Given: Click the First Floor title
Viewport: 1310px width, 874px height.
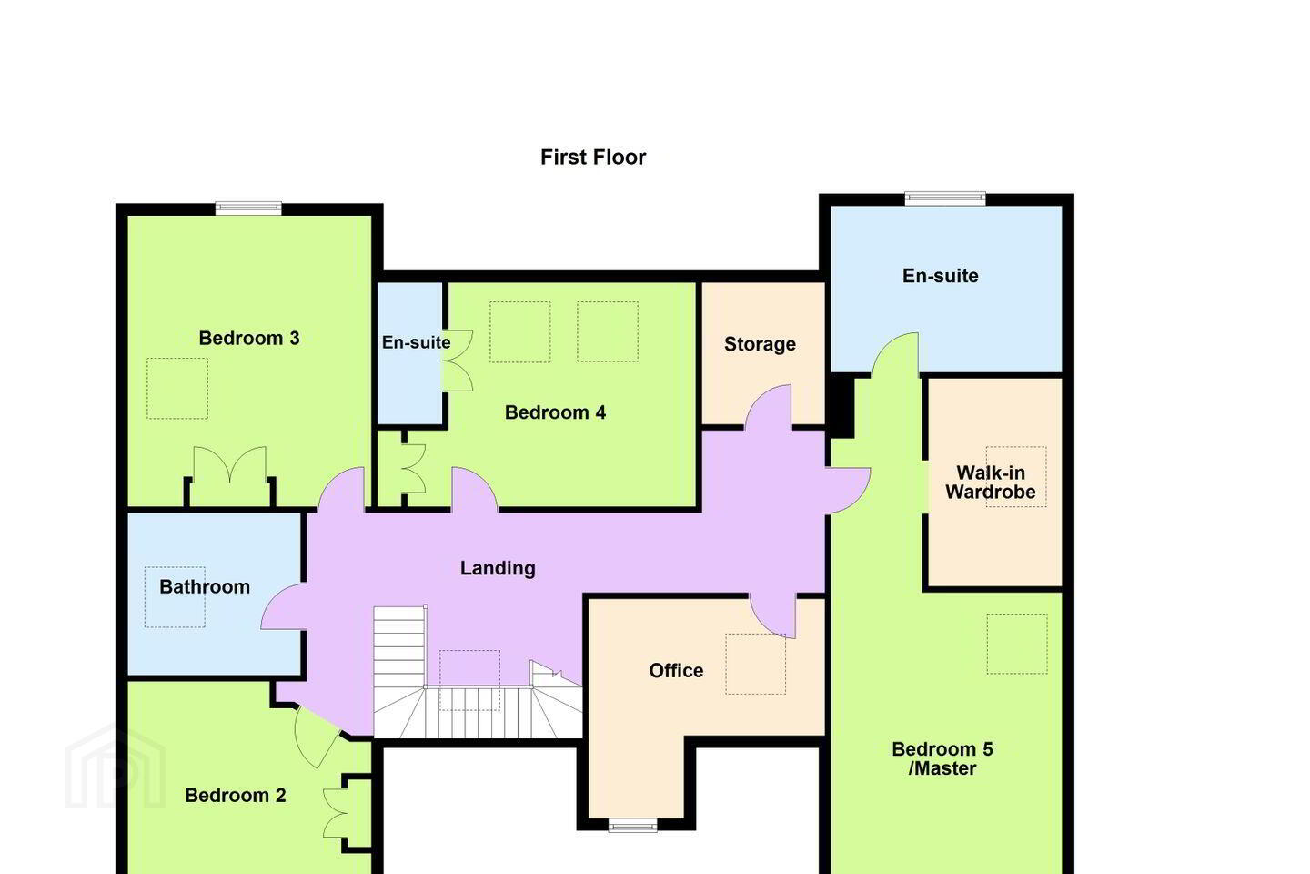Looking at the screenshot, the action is [x=593, y=158].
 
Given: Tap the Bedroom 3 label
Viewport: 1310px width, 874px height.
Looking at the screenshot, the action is [x=249, y=339].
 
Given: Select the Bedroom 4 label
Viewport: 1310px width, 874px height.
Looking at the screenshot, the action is [x=555, y=412].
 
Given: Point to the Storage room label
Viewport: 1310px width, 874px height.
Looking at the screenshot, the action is [x=760, y=344].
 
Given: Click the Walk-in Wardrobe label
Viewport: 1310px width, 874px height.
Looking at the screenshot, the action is [x=990, y=483].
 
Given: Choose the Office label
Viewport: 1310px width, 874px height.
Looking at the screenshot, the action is [x=676, y=670].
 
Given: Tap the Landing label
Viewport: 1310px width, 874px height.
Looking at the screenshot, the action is [x=498, y=568].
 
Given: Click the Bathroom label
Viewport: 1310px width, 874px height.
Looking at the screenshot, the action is [x=205, y=587].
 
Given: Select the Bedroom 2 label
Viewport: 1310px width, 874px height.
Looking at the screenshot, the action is [x=235, y=796].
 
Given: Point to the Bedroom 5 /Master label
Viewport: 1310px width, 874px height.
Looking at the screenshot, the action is [x=942, y=758].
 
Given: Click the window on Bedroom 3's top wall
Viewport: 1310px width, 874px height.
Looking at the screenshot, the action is [x=248, y=208].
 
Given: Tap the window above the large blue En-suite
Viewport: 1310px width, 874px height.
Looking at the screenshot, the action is [x=945, y=198].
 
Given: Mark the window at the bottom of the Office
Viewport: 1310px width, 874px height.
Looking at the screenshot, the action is [x=633, y=826].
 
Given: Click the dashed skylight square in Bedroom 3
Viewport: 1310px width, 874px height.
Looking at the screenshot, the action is [x=177, y=388].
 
